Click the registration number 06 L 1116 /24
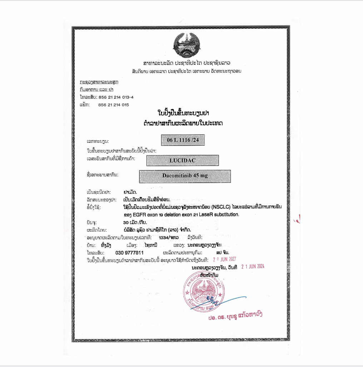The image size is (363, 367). (183, 141)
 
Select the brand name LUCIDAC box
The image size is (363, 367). (183, 160)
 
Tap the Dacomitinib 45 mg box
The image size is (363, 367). (185, 176)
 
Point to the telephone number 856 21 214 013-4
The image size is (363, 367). (116, 97)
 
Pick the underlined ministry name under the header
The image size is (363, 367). (99, 82)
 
